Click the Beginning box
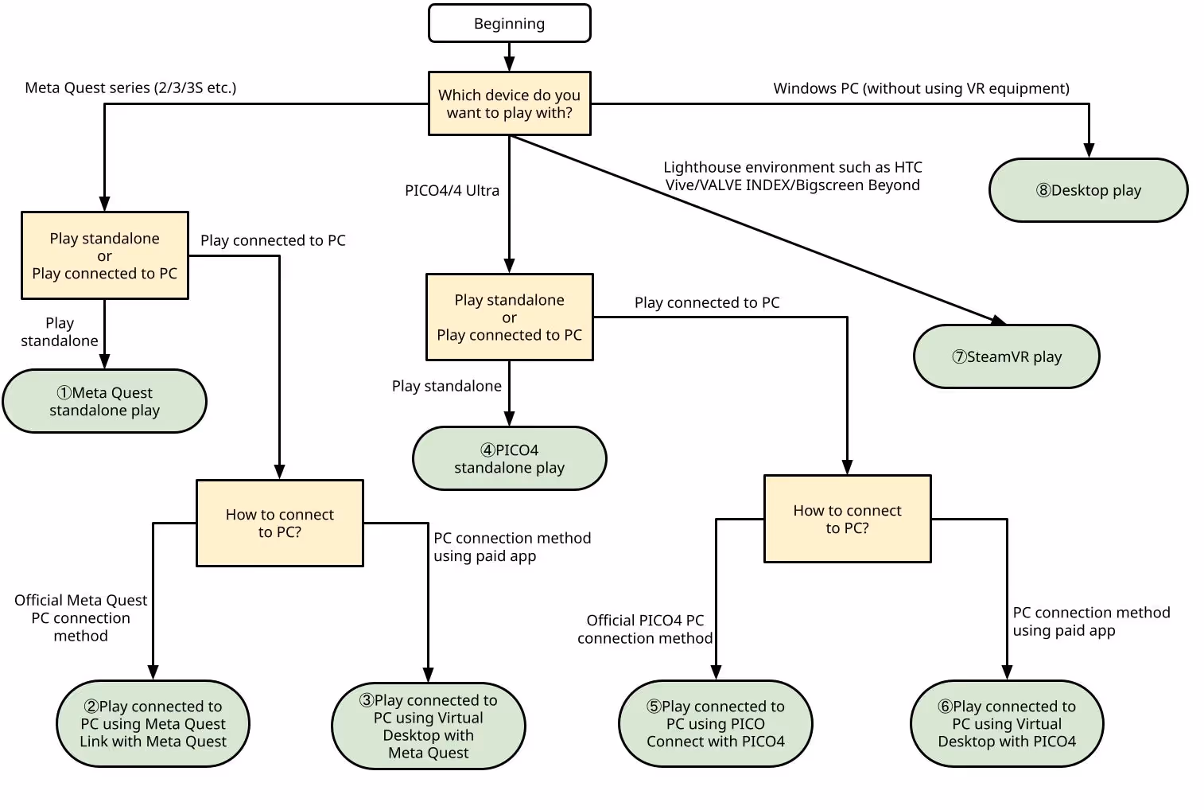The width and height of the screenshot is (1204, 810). tap(509, 23)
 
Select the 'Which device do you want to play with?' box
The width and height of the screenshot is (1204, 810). tap(509, 103)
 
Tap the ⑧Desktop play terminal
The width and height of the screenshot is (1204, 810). tap(1088, 190)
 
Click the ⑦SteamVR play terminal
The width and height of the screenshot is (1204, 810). tap(1007, 356)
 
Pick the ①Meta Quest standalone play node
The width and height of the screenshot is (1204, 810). tap(104, 401)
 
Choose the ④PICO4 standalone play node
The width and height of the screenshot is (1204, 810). tap(509, 458)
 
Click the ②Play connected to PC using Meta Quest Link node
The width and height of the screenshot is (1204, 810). tap(153, 723)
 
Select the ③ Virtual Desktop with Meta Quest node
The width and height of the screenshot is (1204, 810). tap(428, 726)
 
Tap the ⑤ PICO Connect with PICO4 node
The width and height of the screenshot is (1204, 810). tap(715, 723)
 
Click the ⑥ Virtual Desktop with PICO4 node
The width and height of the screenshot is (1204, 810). tap(1007, 723)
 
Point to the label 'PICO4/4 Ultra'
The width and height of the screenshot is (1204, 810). tap(452, 190)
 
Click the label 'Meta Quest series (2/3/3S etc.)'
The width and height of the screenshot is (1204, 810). tap(130, 88)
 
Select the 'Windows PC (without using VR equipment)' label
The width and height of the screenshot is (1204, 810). tap(921, 88)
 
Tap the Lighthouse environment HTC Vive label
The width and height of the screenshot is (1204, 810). tap(792, 176)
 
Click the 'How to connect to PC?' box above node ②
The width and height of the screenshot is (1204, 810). tap(280, 523)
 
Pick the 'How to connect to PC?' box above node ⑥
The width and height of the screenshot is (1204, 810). tap(847, 519)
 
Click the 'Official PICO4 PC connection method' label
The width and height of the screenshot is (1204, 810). tap(645, 629)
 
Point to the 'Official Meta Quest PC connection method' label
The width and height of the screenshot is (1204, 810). tap(80, 617)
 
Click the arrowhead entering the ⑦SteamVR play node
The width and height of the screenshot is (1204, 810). tap(999, 321)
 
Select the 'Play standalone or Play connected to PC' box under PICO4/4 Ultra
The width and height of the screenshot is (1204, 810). tap(509, 317)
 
